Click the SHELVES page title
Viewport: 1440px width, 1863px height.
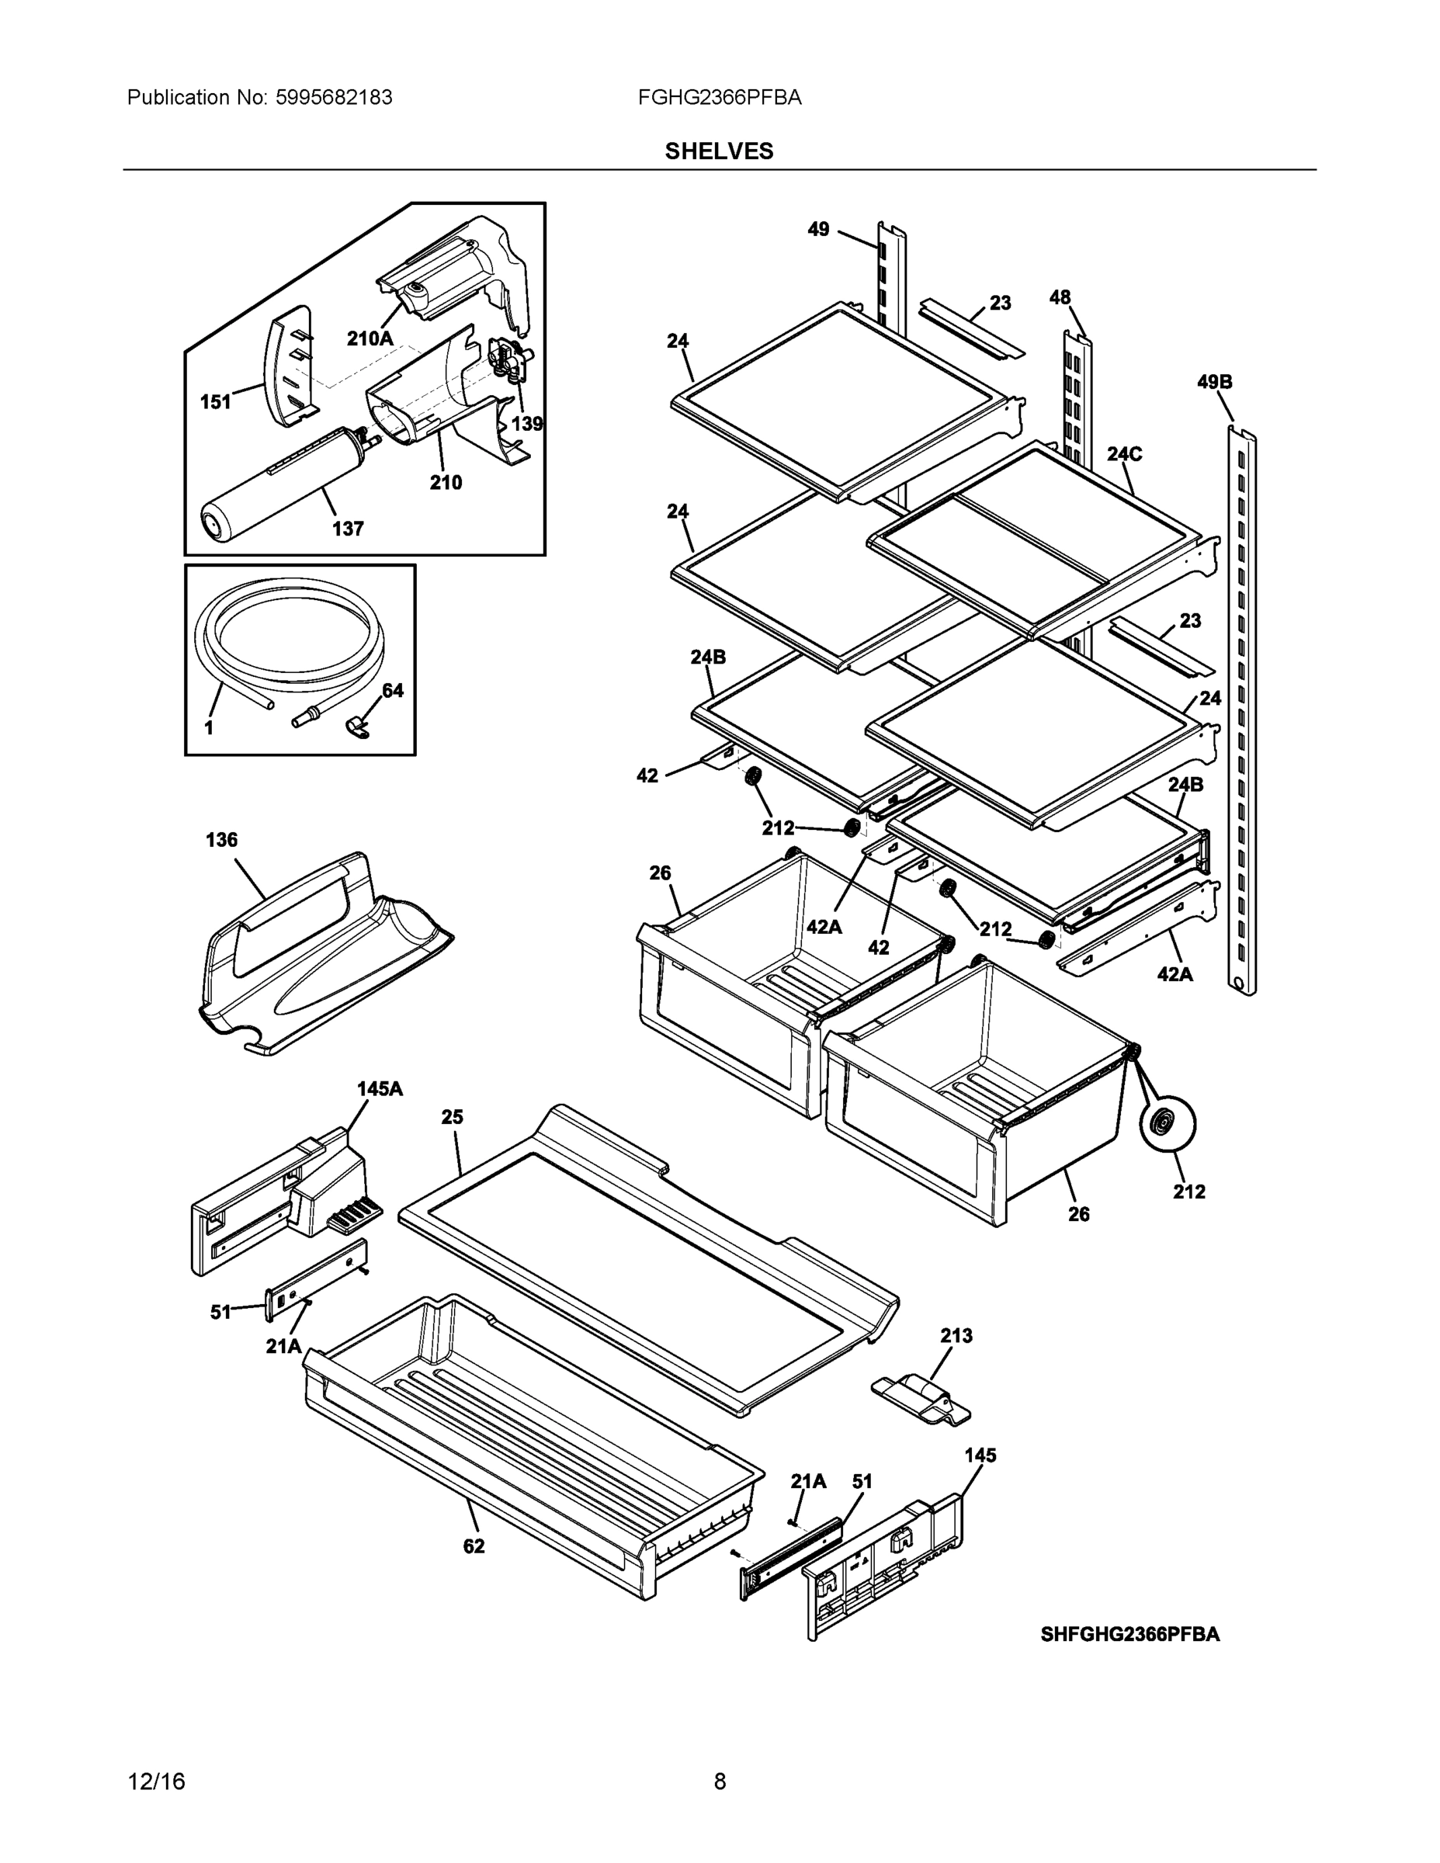pos(718,151)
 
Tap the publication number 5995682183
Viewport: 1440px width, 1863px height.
pos(334,98)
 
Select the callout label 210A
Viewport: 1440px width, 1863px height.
pos(370,338)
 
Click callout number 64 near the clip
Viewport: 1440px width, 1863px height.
pos(393,691)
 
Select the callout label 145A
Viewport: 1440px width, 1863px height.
pos(379,1089)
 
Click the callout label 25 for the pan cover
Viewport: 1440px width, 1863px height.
pos(452,1118)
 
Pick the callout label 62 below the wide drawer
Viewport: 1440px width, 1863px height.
pos(474,1546)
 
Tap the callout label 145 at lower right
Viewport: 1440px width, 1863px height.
pos(980,1455)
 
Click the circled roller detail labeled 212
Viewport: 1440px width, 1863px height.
pos(1167,1124)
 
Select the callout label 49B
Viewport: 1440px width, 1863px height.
pos(1214,382)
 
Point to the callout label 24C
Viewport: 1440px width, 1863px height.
pos(1123,455)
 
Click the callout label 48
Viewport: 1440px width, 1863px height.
pos(1060,298)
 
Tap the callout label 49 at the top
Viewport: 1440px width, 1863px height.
pos(818,230)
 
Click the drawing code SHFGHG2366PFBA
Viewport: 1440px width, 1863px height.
pos(1129,1634)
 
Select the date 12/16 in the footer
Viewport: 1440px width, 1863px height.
pos(156,1782)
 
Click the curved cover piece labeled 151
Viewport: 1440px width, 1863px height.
pos(290,367)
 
